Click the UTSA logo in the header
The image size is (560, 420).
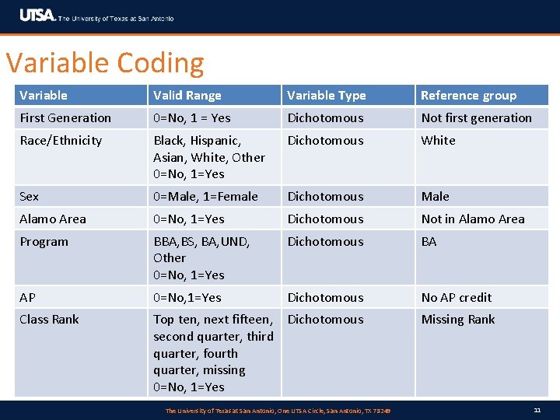[x=37, y=16]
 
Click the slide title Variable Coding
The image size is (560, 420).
[x=105, y=62]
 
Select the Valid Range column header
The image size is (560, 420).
[x=187, y=96]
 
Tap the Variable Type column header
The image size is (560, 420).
[x=326, y=96]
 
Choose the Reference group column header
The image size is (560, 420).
[x=468, y=96]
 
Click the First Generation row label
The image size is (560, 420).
[x=65, y=118]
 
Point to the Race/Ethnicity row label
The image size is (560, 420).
[x=61, y=141]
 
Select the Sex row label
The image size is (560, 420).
[x=30, y=197]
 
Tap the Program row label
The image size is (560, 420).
[x=44, y=242]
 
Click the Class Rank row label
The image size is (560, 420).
[x=49, y=320]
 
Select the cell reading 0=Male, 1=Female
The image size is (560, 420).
[x=205, y=197]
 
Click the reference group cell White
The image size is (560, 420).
[x=438, y=141]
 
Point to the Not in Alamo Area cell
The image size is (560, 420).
[x=473, y=219]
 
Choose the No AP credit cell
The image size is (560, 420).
[x=457, y=298]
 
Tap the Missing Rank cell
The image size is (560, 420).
[x=458, y=320]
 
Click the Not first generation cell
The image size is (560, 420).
[x=476, y=118]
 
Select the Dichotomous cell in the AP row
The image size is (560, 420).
[x=325, y=298]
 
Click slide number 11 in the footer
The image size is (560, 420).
[x=537, y=410]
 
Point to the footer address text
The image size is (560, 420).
[x=278, y=411]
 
